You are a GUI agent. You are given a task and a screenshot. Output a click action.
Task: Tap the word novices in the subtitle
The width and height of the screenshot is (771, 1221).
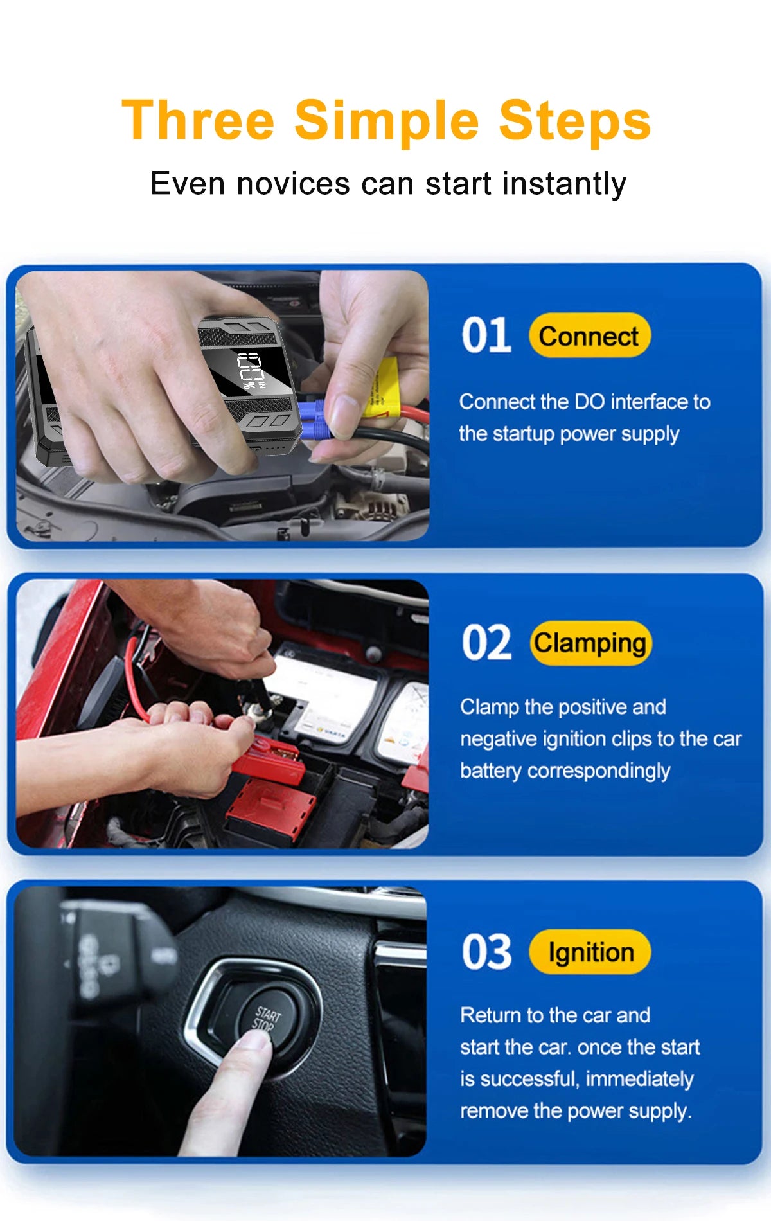coord(293,184)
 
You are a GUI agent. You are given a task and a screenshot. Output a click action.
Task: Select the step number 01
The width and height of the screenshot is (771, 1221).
coord(486,335)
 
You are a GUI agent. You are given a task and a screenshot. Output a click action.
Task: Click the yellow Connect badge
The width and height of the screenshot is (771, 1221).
coord(589,336)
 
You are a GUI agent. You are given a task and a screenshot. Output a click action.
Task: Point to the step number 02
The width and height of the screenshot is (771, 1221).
coord(486,643)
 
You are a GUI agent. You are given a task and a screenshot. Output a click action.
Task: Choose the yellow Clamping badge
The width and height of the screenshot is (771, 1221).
coord(590,643)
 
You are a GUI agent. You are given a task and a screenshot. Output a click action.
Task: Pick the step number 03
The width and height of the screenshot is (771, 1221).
coord(486,952)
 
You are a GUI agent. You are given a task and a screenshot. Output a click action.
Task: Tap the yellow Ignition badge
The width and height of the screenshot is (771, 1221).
coord(590,952)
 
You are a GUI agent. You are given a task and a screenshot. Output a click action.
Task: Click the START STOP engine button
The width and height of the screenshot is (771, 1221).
coord(265,1019)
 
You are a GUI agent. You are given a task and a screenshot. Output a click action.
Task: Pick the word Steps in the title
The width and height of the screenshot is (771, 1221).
coord(574,120)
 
